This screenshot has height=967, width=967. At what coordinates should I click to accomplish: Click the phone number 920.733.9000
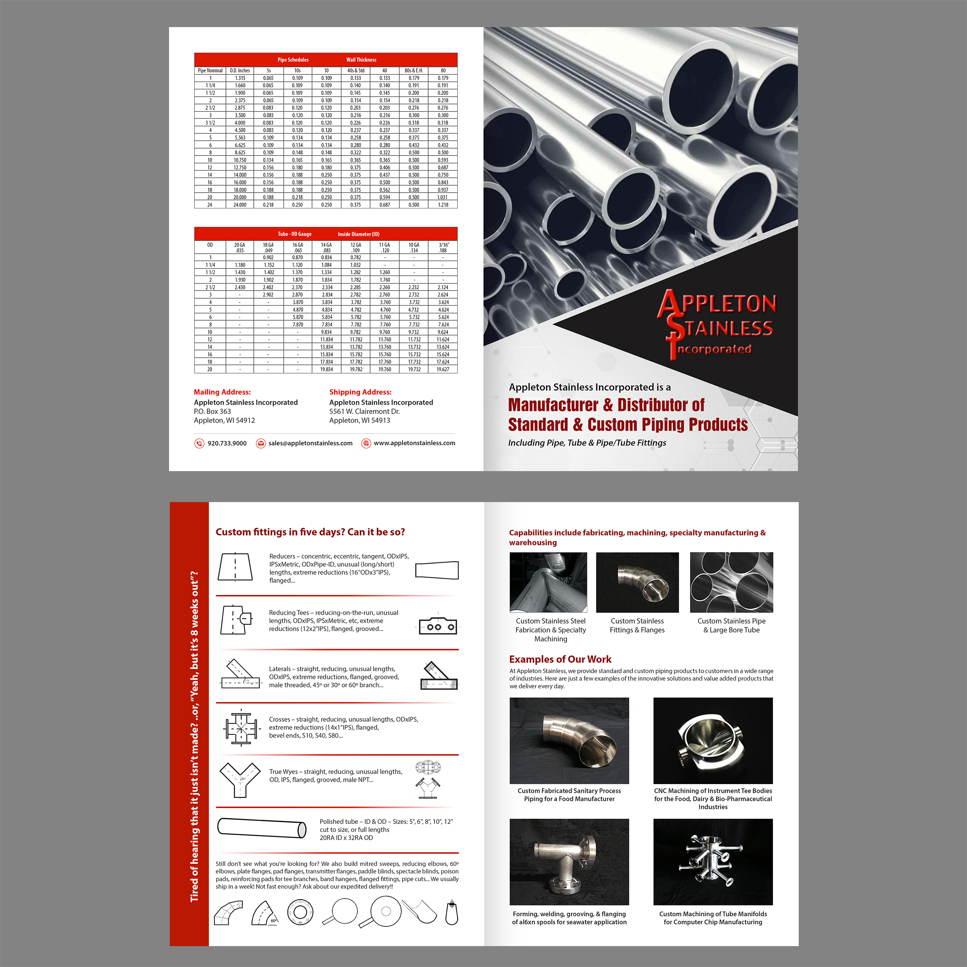click(227, 443)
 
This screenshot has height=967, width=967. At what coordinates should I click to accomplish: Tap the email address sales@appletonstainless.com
click(310, 443)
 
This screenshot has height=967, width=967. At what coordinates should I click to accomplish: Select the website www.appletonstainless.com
click(414, 443)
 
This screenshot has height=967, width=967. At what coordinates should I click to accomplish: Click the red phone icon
click(199, 443)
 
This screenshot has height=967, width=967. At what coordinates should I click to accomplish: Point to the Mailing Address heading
click(222, 392)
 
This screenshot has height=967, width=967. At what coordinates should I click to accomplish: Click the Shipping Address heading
click(360, 392)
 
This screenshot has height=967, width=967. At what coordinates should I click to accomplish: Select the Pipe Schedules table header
click(293, 60)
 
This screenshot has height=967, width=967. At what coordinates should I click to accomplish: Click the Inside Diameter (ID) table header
click(359, 234)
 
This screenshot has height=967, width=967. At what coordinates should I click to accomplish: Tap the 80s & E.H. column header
click(414, 70)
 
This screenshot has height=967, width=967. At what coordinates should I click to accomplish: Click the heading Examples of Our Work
click(560, 659)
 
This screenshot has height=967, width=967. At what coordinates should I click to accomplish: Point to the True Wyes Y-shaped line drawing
click(240, 780)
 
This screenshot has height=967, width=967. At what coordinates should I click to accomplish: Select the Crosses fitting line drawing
click(241, 727)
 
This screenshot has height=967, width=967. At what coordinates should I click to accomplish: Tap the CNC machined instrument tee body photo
click(713, 741)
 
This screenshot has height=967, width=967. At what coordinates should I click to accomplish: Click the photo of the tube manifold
click(713, 862)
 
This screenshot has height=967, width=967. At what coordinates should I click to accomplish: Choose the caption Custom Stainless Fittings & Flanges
click(637, 625)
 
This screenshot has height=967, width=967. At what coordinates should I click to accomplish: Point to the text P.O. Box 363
click(212, 412)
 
